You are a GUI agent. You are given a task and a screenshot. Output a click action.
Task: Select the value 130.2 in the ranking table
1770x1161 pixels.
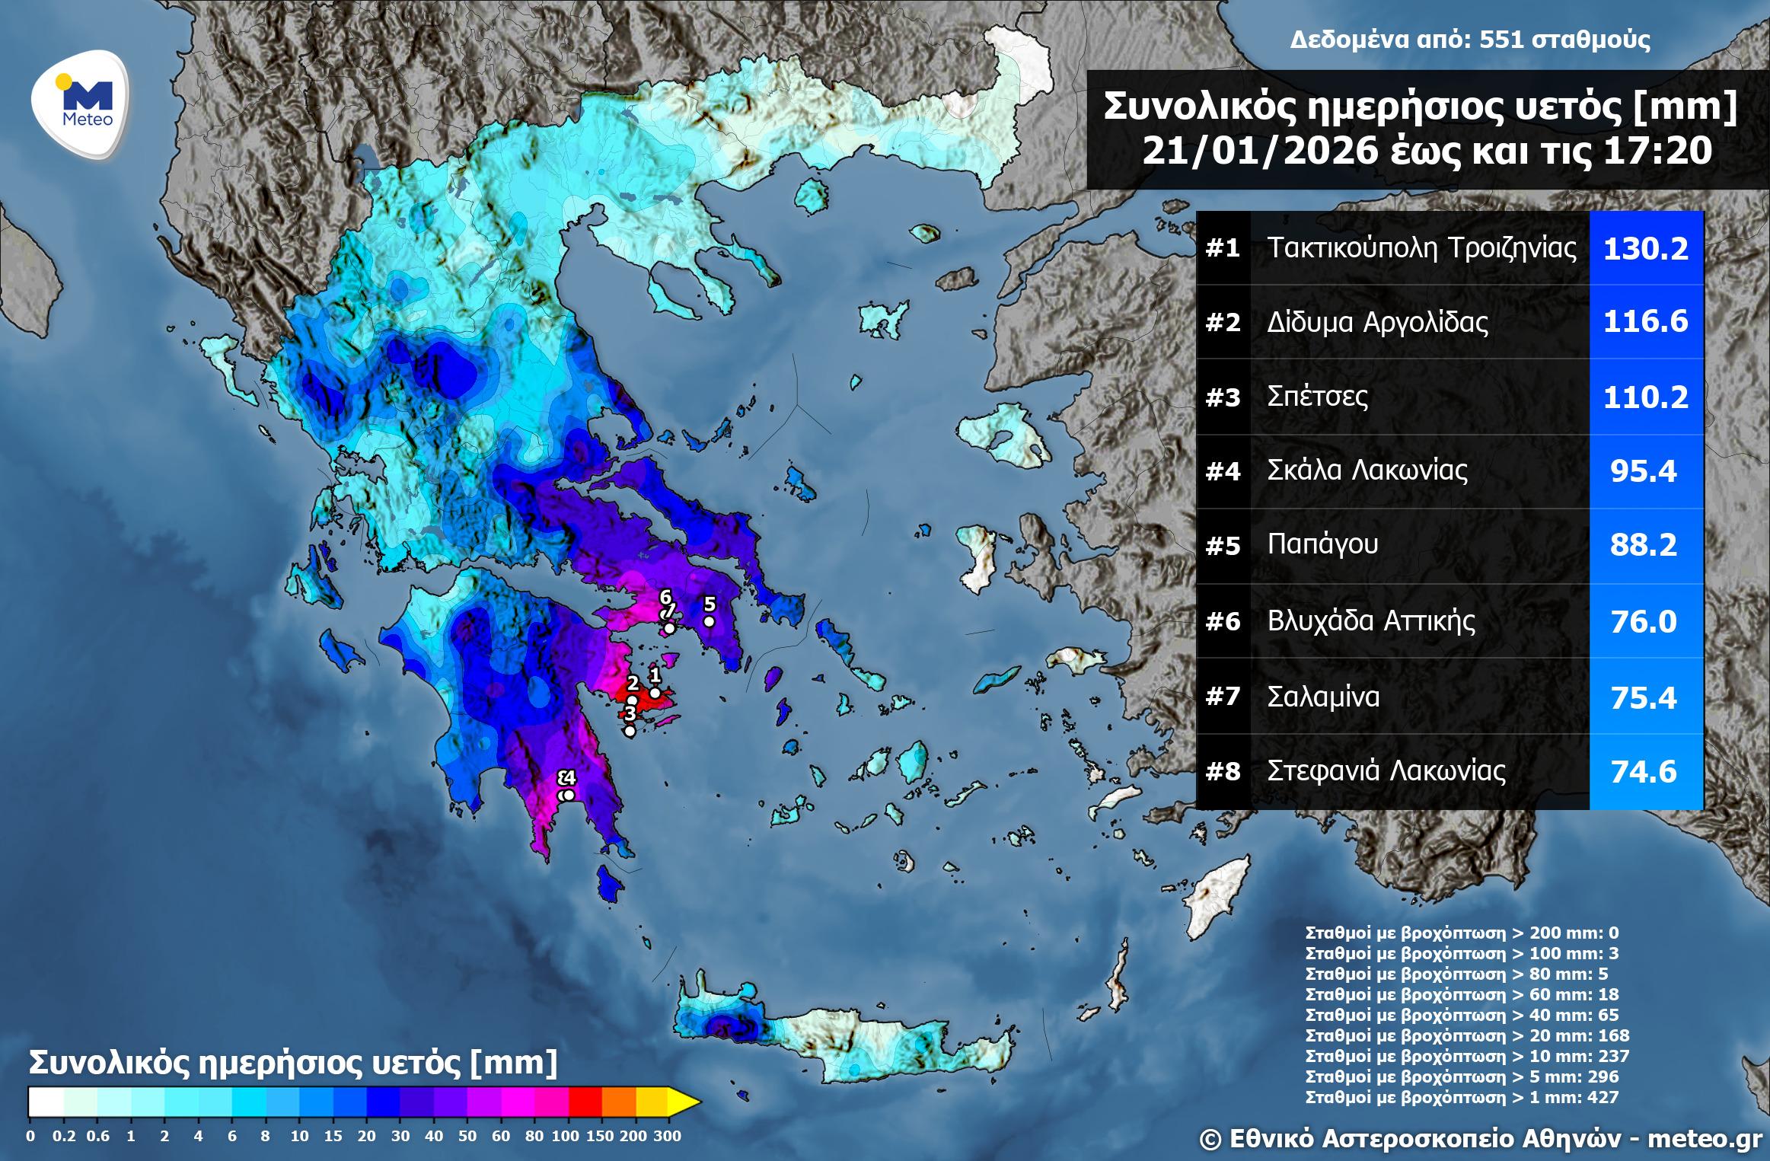[x=1646, y=248]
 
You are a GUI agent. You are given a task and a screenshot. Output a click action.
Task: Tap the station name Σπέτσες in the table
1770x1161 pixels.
[x=1317, y=397]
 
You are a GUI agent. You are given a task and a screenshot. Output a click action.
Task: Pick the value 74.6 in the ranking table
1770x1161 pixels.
[x=1644, y=772]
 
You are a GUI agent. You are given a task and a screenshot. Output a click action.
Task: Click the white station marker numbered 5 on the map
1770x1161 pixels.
[x=709, y=621]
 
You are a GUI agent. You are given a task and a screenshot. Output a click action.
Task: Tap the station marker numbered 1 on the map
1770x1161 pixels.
[x=655, y=693]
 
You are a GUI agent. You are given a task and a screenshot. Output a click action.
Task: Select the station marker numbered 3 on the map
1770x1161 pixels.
[x=630, y=731]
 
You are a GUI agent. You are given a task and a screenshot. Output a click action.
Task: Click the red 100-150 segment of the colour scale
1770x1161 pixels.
[x=585, y=1101]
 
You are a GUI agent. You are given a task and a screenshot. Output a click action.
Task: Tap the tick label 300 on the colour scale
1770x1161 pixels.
[x=668, y=1137]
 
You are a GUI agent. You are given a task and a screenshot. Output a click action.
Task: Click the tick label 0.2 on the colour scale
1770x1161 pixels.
[x=64, y=1137]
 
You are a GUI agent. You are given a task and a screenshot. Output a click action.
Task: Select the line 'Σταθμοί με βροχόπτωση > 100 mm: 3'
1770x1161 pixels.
[x=1462, y=953]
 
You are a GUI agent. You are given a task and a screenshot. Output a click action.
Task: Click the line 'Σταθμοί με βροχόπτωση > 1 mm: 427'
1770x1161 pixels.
[x=1462, y=1097]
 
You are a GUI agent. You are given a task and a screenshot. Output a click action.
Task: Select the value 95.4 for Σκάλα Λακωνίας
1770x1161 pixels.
[x=1644, y=472]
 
